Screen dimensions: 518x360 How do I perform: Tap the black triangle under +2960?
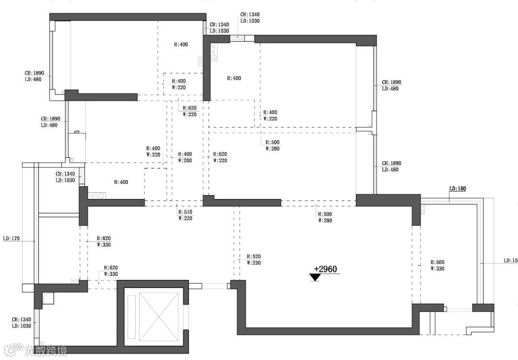315,277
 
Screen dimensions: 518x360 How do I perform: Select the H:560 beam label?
437,263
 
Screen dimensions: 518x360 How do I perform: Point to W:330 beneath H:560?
437,269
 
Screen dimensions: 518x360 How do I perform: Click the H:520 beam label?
254,257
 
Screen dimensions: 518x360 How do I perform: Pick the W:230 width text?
254,263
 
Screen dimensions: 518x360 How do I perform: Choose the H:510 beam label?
185,212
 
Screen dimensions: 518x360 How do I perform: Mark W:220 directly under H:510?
185,218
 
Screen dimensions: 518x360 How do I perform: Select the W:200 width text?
185,161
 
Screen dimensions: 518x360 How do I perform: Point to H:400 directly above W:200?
185,155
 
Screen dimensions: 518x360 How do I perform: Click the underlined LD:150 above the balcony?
458,189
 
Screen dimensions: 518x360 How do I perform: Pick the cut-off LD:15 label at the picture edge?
510,261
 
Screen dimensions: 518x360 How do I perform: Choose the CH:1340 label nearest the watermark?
22,320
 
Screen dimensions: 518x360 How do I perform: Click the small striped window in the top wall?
237,39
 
